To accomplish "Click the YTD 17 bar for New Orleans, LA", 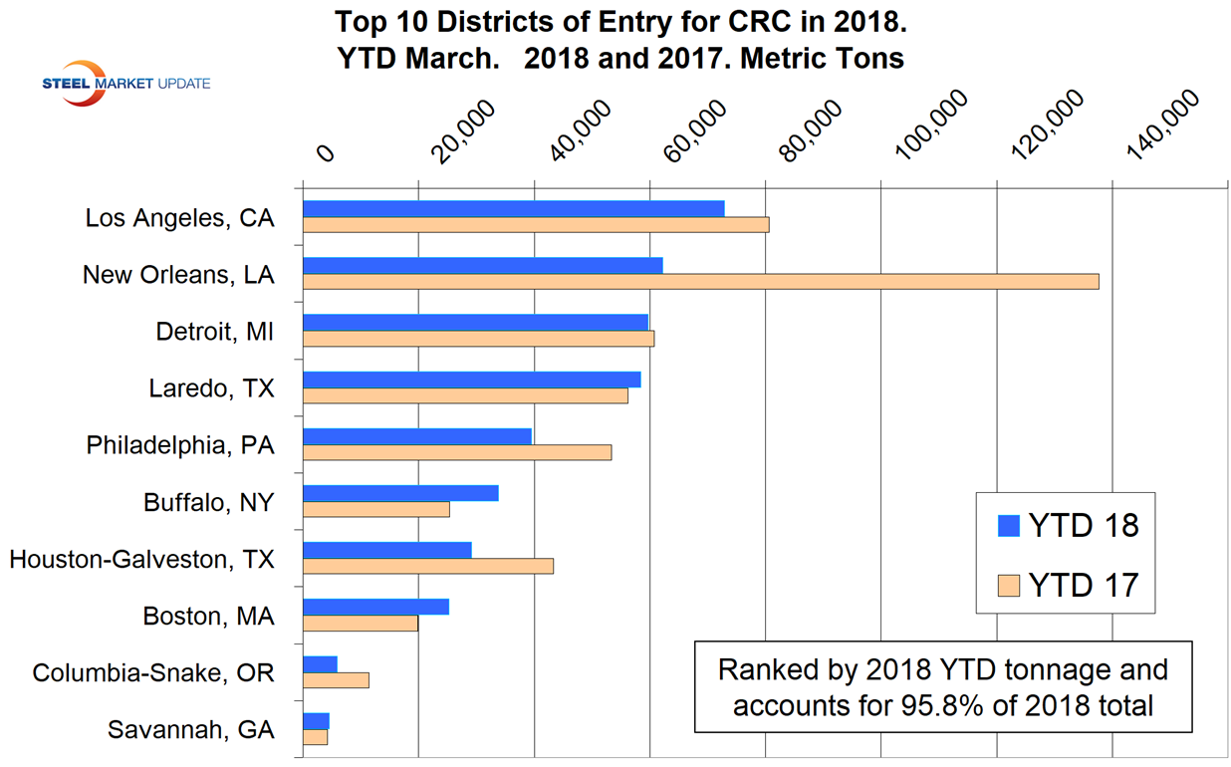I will (x=700, y=282).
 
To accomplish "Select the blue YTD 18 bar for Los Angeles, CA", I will (x=513, y=208).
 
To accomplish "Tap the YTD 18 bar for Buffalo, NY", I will (x=400, y=493).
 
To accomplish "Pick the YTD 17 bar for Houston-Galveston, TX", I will (x=427, y=566).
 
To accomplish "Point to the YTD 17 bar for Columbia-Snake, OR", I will (x=336, y=680).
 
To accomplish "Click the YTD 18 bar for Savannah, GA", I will (x=316, y=721).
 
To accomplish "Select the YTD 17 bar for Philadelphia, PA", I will (x=456, y=452).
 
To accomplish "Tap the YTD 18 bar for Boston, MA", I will (x=375, y=607).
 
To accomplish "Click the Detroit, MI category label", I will (x=214, y=332).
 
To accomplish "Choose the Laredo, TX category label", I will (x=211, y=388).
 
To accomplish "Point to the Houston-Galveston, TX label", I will (x=141, y=560).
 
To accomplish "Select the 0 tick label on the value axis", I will (x=325, y=152).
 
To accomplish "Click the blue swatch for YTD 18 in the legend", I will (x=1009, y=526).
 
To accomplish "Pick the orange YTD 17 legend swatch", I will (x=1009, y=585).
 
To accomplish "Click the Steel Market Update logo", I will (x=125, y=84).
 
